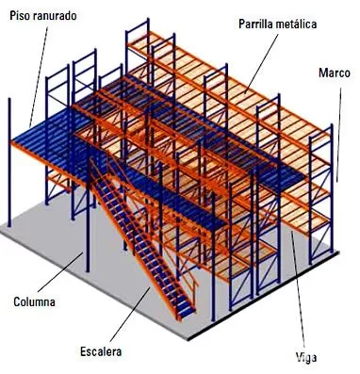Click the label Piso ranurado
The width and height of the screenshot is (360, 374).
tap(43, 16)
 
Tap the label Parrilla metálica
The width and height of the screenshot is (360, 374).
tap(277, 24)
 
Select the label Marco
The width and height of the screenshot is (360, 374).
tap(335, 73)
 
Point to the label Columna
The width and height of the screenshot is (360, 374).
tap(34, 302)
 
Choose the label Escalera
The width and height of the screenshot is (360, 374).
tap(101, 351)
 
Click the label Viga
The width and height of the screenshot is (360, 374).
tap(306, 357)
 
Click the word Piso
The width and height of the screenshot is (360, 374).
tap(19, 16)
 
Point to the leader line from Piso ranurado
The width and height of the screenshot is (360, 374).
tap(39, 77)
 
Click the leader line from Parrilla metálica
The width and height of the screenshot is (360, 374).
tap(261, 64)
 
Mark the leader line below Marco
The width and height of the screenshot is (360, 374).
tap(338, 135)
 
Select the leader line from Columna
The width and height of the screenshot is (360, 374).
tap(60, 272)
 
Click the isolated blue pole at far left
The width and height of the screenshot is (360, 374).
tap(9, 162)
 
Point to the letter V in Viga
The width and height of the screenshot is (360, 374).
tap(299, 357)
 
